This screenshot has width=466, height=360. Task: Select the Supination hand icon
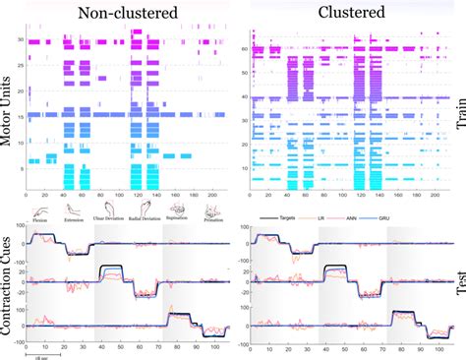(179, 209)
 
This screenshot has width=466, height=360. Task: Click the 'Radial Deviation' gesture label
(145, 219)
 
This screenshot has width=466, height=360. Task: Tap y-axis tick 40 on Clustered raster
(247, 98)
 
